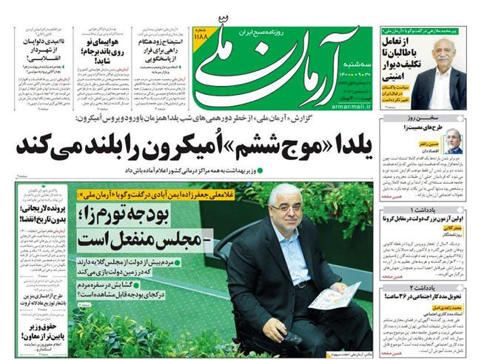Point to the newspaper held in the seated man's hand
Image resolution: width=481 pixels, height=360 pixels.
(x=334, y=296)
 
